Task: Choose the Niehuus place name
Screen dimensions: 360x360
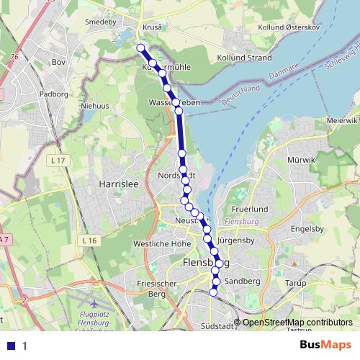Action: coord(99,106)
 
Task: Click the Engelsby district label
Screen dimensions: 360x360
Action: coord(307,228)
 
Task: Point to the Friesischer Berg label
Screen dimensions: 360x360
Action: coord(152,289)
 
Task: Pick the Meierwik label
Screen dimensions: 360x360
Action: coord(341,120)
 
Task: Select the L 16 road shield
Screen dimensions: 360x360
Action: coord(89,240)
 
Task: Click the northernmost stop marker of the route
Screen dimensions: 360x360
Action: coord(141,48)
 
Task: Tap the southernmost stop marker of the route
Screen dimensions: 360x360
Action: coord(213,292)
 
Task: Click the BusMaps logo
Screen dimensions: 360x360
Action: coord(325,345)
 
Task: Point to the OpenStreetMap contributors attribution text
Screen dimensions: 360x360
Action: coord(297,322)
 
